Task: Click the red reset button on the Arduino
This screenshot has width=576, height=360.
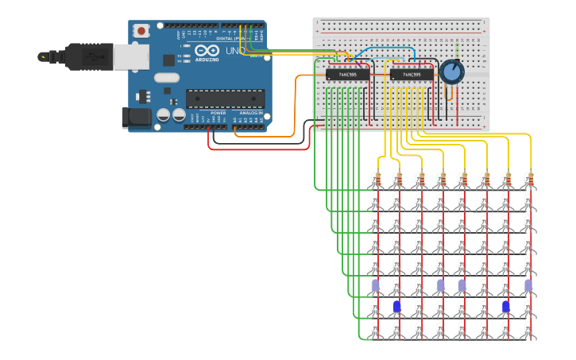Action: tap(141, 31)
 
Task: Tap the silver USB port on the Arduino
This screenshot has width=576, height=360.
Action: tap(130, 56)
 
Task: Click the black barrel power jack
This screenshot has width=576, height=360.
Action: tap(136, 118)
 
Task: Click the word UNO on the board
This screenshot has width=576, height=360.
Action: tap(235, 51)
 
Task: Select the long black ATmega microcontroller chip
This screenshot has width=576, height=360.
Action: tap(226, 99)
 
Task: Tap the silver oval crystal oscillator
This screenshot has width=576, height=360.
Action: tap(167, 78)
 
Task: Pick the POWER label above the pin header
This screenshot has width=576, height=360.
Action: tap(218, 113)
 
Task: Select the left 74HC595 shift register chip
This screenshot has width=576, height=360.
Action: tap(347, 75)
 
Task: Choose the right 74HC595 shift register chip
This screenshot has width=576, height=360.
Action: tap(412, 75)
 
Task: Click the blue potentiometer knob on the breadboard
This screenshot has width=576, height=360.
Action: tap(451, 72)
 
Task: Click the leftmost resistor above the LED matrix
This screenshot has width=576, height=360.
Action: tap(377, 180)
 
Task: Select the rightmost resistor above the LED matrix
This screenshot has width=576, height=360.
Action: tap(529, 180)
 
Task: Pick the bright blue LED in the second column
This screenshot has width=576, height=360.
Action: tap(397, 306)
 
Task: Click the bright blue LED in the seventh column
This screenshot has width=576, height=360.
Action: tap(505, 306)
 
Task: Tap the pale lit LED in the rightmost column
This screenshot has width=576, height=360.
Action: tap(528, 285)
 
